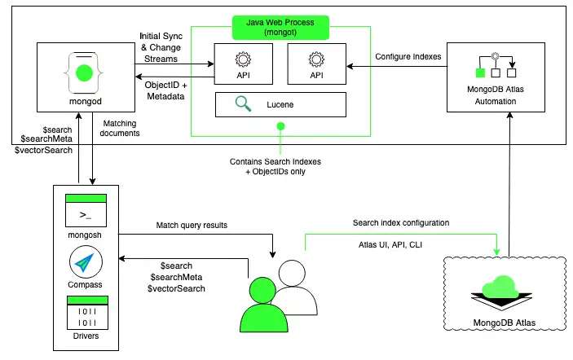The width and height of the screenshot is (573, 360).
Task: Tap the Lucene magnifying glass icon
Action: (x=242, y=103)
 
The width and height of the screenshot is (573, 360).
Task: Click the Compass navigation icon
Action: (x=87, y=264)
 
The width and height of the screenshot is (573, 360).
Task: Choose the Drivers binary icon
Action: (x=87, y=314)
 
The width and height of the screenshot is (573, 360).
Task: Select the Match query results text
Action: (x=192, y=225)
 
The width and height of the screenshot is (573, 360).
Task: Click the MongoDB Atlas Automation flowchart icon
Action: (x=495, y=65)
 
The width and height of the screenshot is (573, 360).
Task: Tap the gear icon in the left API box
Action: (x=241, y=59)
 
